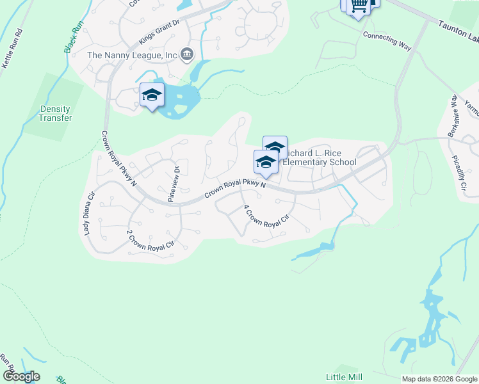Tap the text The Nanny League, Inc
(x=131, y=55)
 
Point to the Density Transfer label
(x=55, y=113)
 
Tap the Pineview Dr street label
(x=172, y=184)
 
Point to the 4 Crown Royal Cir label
(x=266, y=221)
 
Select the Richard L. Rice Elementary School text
(x=319, y=157)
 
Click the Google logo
(x=21, y=376)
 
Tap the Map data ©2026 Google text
(x=439, y=379)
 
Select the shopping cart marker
(x=359, y=5)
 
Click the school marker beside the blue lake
(x=152, y=97)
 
